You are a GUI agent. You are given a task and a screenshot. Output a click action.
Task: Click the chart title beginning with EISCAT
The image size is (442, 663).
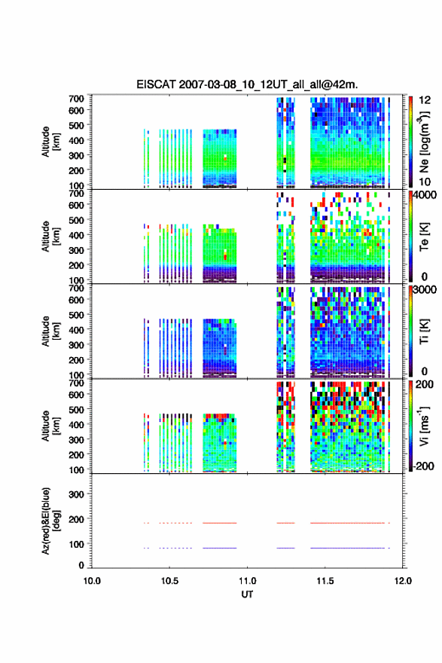247,84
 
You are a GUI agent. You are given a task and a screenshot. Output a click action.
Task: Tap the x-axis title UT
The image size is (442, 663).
247,594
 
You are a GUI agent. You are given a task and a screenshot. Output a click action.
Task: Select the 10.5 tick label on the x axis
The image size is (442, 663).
169,581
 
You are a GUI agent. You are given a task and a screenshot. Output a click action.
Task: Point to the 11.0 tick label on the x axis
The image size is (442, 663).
247,581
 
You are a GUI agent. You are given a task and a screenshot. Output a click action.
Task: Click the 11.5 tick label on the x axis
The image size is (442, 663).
325,581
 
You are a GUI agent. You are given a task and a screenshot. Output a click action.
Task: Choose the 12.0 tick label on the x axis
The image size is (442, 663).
403,581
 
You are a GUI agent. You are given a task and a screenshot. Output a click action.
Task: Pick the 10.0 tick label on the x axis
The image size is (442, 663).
92,581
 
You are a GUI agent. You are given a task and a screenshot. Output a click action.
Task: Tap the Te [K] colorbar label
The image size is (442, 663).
424,237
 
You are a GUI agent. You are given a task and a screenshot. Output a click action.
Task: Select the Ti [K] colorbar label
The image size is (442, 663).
424,331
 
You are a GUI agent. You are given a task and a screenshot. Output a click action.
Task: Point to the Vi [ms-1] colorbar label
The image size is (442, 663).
424,426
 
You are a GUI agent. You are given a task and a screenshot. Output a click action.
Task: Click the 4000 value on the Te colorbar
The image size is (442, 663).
425,195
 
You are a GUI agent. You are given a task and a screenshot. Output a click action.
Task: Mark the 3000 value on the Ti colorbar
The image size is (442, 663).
425,289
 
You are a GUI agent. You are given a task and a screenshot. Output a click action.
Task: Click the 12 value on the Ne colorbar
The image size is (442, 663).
425,100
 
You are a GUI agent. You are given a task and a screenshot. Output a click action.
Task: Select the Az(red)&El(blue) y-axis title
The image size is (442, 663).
50,521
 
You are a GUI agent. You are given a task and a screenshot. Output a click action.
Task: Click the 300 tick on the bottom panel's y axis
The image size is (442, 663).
77,494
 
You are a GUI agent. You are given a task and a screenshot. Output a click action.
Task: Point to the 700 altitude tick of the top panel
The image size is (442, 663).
77,99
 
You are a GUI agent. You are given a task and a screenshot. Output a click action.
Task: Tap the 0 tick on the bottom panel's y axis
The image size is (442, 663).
81,565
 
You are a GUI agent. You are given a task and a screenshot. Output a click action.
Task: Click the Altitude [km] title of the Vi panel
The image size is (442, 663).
50,426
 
